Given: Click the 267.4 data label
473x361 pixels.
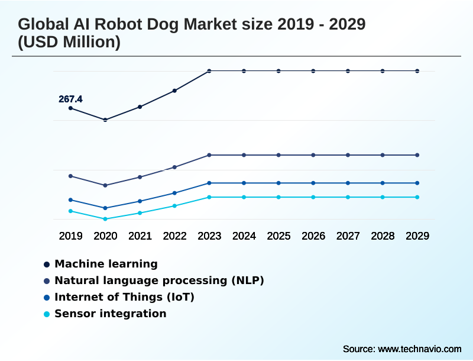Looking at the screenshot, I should (x=70, y=99).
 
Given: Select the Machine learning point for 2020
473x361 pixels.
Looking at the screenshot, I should (x=105, y=120).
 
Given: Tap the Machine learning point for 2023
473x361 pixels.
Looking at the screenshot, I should (x=209, y=71).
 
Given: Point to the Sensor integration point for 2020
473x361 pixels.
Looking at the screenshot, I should (x=105, y=219).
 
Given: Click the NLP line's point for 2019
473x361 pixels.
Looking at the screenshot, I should (x=71, y=176).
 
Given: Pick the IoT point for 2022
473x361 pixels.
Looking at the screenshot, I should (x=174, y=193).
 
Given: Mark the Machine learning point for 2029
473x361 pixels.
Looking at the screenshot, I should (x=417, y=71).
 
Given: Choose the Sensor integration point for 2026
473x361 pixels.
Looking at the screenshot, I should (x=313, y=197).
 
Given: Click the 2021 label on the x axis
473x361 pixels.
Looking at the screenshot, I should (x=140, y=236).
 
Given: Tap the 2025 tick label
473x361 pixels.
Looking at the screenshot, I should (x=278, y=236).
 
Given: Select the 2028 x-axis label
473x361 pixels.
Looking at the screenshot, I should (x=383, y=236).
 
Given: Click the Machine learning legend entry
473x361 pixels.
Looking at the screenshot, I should (x=106, y=264).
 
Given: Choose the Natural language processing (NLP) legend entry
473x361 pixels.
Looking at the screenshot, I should (x=159, y=281).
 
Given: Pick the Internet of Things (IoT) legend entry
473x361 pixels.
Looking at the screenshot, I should (x=124, y=297).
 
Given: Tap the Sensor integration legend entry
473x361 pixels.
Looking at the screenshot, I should (x=110, y=314).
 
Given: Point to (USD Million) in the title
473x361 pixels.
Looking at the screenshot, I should (x=69, y=43).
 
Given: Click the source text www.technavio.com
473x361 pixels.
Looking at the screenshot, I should (x=419, y=348).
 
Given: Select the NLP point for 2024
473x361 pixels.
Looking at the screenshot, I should (x=244, y=155).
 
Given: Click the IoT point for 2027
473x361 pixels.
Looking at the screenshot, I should (x=348, y=183).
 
